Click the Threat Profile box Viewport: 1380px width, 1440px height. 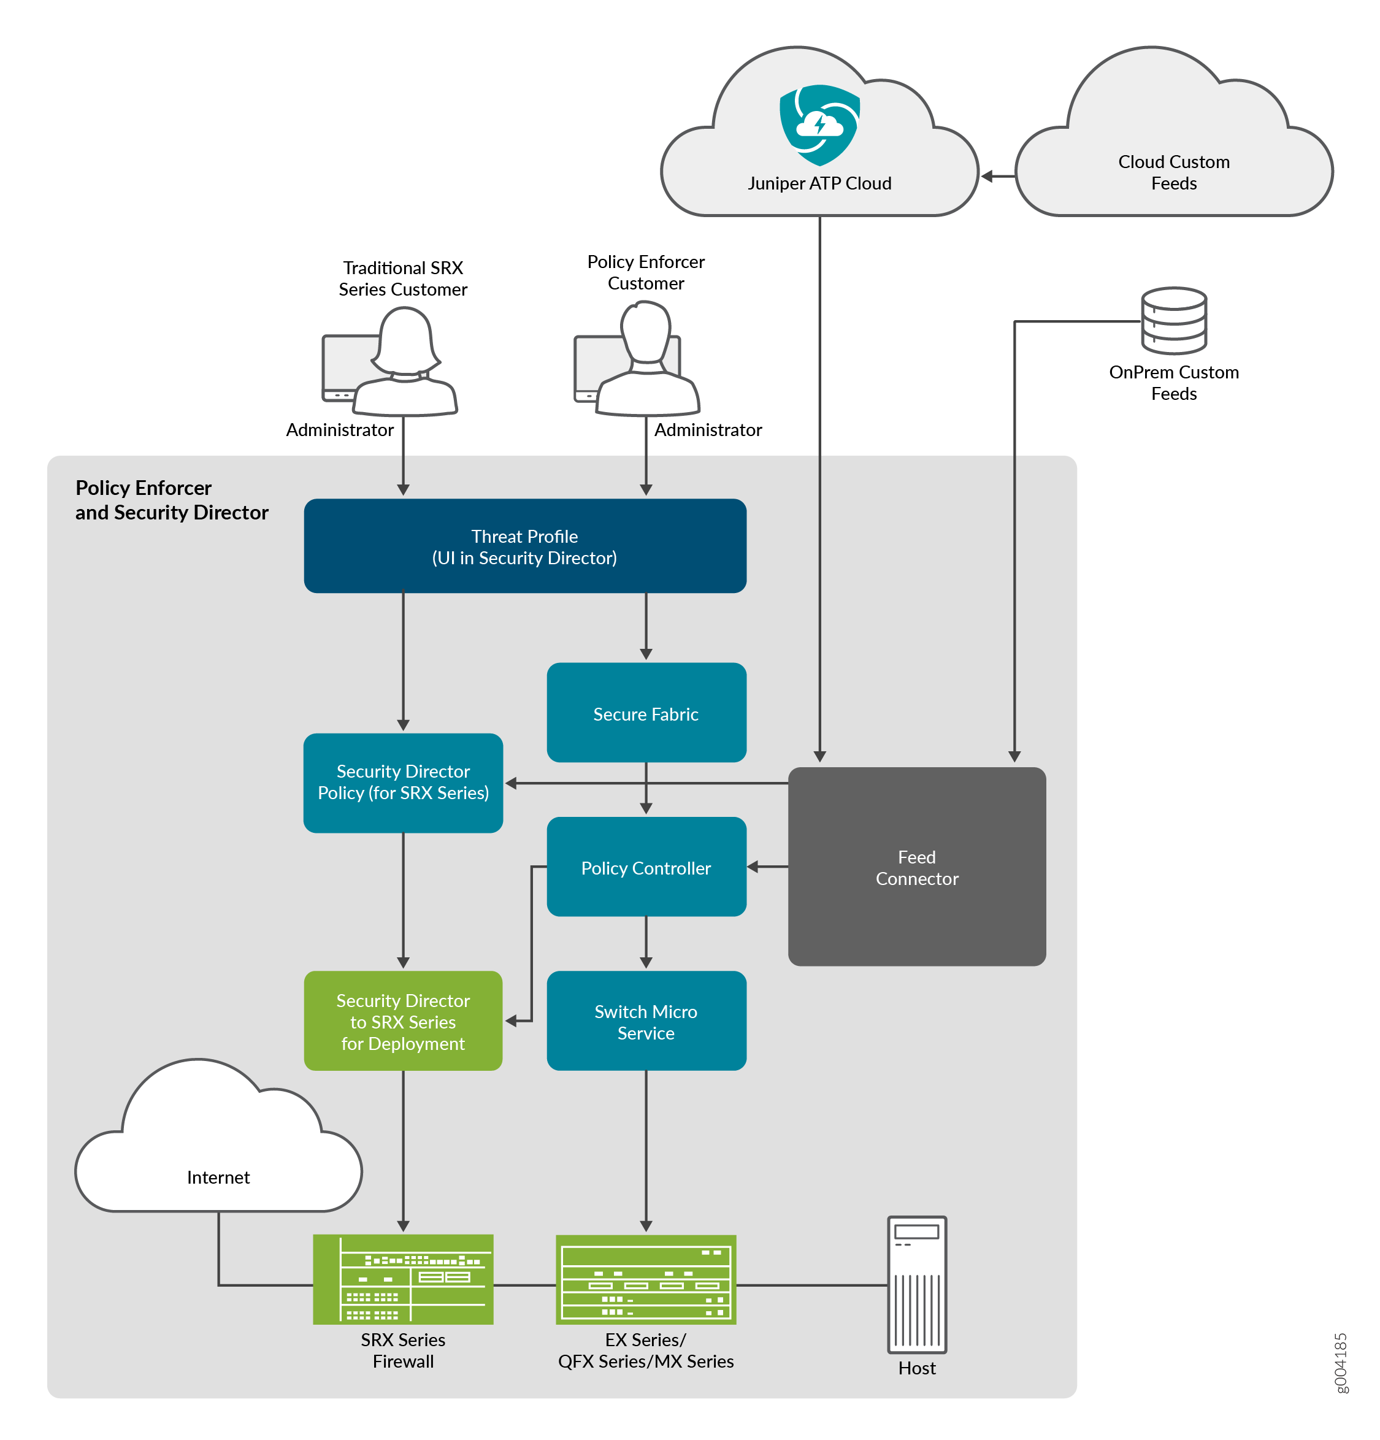tap(524, 545)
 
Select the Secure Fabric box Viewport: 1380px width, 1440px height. tap(646, 712)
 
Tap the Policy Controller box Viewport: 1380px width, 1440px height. tap(646, 866)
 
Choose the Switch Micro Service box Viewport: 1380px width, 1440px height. tap(646, 1021)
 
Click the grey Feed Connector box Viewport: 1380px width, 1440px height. tap(916, 866)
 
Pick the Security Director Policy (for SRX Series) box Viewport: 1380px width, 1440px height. tap(403, 782)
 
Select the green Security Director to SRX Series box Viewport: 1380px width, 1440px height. tap(403, 1021)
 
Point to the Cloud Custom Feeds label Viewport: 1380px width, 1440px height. tap(1173, 172)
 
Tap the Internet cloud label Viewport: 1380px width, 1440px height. tap(218, 1176)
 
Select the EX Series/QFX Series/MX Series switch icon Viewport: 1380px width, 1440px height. tap(646, 1279)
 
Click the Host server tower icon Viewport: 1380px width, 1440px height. tap(916, 1284)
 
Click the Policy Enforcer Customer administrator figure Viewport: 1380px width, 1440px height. tap(646, 360)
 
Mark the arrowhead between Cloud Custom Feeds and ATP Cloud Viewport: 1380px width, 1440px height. tap(987, 177)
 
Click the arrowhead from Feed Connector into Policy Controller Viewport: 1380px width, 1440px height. tap(753, 866)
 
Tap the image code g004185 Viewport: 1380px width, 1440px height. tap(1340, 1362)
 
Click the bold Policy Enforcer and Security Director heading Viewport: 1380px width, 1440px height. tap(171, 500)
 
